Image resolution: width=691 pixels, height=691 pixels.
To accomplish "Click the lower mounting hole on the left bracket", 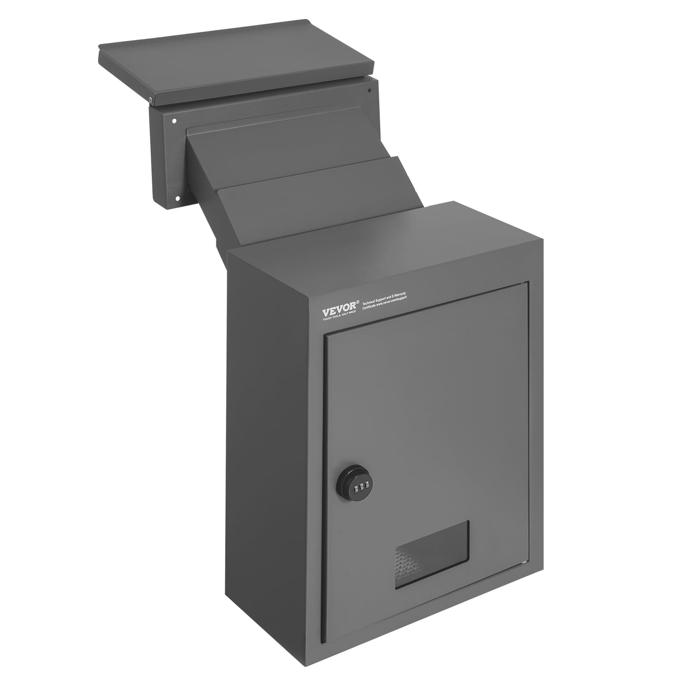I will (177, 199).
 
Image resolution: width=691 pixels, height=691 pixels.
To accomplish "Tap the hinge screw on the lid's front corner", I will (150, 100).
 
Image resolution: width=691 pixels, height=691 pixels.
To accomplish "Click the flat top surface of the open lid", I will (233, 60).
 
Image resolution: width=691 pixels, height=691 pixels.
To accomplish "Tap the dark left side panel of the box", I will (272, 453).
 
